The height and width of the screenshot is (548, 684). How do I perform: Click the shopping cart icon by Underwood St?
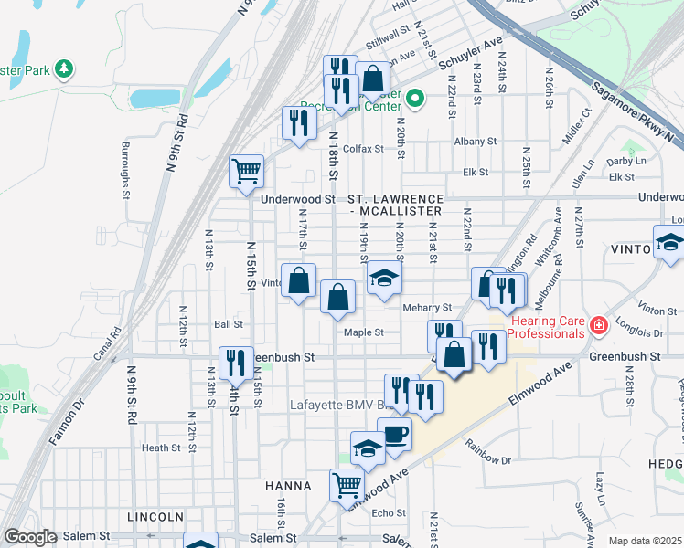click(x=247, y=171)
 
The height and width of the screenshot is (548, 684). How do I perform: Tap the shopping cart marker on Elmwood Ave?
click(x=347, y=484)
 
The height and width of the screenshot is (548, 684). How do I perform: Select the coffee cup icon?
click(x=394, y=434)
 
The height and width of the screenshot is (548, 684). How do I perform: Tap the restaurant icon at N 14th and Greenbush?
click(x=236, y=363)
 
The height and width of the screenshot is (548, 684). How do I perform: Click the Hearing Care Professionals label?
click(x=546, y=327)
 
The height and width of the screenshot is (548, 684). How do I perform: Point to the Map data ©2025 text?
click(x=644, y=541)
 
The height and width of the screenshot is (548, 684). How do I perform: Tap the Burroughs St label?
click(x=125, y=169)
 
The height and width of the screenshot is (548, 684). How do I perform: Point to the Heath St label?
click(x=160, y=448)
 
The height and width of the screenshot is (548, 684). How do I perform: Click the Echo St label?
click(x=389, y=513)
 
